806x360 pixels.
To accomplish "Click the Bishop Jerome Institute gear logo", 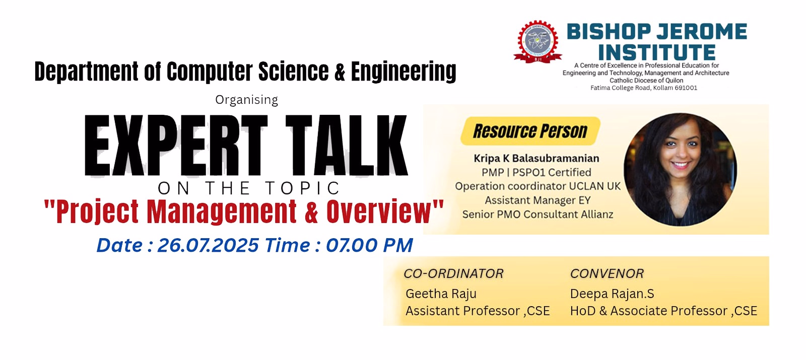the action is pyautogui.click(x=538, y=42).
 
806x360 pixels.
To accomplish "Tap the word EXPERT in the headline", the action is pyautogui.click(x=176, y=146).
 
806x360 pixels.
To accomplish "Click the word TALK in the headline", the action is pyautogui.click(x=346, y=146).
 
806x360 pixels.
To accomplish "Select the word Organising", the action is pyautogui.click(x=246, y=100).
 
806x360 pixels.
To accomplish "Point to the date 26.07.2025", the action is pyautogui.click(x=208, y=245).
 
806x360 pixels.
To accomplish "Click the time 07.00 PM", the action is pyautogui.click(x=369, y=245).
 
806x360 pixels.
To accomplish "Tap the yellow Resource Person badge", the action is pyautogui.click(x=530, y=131).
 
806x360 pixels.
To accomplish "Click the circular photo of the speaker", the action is pyautogui.click(x=680, y=169).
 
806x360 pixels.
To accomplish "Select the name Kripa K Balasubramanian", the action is pyautogui.click(x=536, y=158).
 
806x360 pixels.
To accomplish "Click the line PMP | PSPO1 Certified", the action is pyautogui.click(x=536, y=173).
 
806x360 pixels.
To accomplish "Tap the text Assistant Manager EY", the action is pyautogui.click(x=538, y=200).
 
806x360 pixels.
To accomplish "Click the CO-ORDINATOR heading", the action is pyautogui.click(x=453, y=274).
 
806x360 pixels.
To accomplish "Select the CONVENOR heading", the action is pyautogui.click(x=607, y=274).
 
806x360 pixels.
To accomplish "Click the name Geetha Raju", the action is pyautogui.click(x=441, y=294).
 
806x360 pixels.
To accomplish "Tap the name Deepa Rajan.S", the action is pyautogui.click(x=612, y=294).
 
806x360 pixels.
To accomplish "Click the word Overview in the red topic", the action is pyautogui.click(x=378, y=211).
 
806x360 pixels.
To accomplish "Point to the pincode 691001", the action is pyautogui.click(x=686, y=88).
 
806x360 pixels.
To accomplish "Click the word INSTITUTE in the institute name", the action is pyautogui.click(x=657, y=52).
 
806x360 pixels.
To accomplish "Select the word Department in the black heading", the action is pyautogui.click(x=86, y=72).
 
